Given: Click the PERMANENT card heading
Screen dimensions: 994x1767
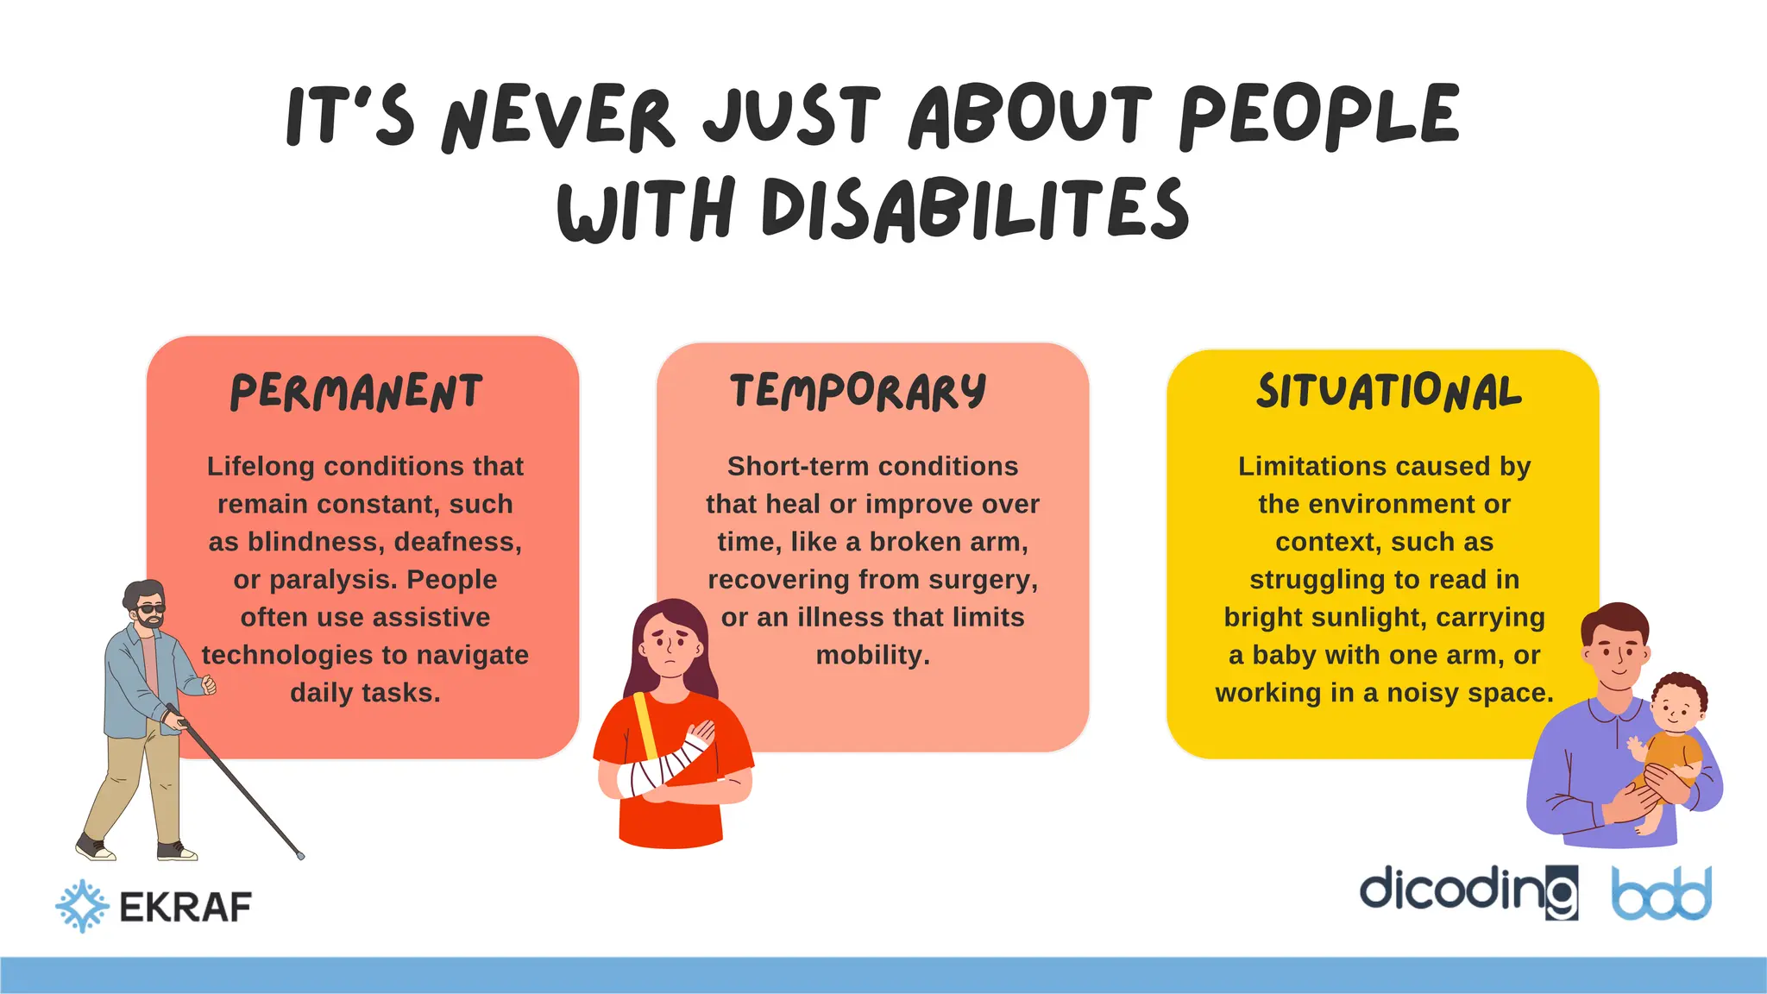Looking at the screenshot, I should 355,393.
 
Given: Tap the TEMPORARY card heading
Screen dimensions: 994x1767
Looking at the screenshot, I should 858,391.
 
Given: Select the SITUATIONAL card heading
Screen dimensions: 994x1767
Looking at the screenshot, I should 1388,392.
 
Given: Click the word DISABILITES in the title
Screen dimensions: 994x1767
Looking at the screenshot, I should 974,209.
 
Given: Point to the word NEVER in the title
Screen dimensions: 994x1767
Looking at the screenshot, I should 557,118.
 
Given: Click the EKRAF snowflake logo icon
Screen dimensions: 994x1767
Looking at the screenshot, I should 82,906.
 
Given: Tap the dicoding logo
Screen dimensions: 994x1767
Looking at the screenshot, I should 1468,891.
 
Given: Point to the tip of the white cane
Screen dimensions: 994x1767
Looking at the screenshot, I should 301,856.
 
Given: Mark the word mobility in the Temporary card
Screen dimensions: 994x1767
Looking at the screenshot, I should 872,656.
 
